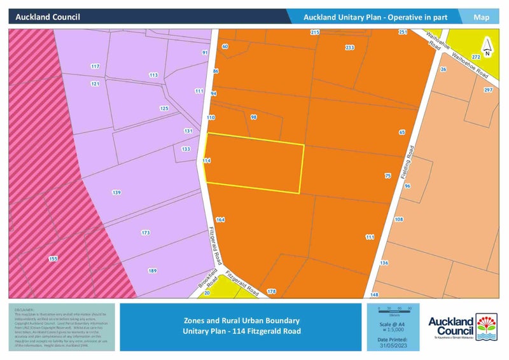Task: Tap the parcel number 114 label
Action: click(206, 161)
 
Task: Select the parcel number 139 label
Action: click(116, 192)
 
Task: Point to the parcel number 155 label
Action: click(53, 259)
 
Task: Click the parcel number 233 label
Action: click(349, 48)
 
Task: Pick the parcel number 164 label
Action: click(220, 219)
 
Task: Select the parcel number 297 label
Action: click(488, 90)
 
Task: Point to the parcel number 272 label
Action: click(476, 57)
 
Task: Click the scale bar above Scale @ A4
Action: click(394, 308)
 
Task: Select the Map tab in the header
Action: click(482, 17)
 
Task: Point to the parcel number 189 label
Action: click(152, 271)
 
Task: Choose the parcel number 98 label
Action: click(253, 118)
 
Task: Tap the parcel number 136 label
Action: click(384, 263)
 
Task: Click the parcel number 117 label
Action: click(95, 66)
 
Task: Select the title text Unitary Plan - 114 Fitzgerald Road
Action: click(241, 331)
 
